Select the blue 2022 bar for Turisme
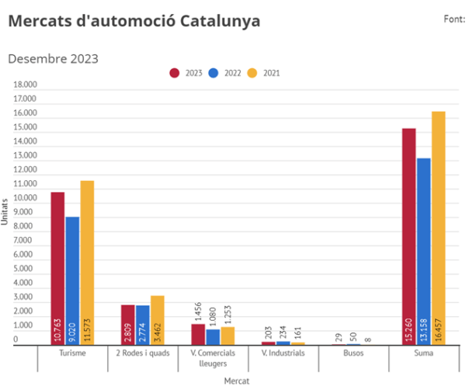[x=72, y=280]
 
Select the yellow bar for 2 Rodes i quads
[x=158, y=319]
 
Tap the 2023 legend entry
[x=186, y=73]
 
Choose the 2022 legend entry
[x=225, y=73]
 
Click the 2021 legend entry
[x=263, y=73]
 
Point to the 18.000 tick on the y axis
[x=26, y=85]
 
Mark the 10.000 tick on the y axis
[x=26, y=199]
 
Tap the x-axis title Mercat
[x=236, y=381]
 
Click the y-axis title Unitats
[x=5, y=212]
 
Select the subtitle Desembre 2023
[x=53, y=58]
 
